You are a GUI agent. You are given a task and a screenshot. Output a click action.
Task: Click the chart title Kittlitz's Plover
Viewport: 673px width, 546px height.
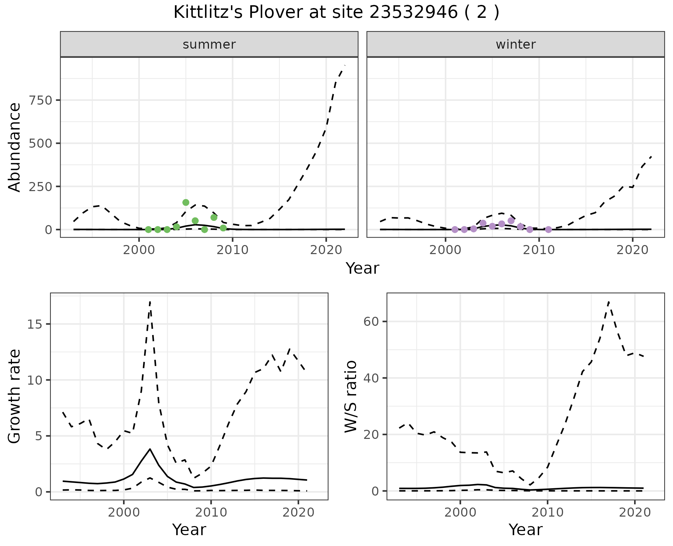pos(336,13)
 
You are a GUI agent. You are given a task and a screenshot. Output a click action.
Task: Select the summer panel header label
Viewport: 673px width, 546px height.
pos(209,44)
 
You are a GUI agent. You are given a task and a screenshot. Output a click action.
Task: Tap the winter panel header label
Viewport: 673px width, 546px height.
pos(516,44)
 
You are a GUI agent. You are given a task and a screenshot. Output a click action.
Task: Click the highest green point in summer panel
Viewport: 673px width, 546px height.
pos(186,202)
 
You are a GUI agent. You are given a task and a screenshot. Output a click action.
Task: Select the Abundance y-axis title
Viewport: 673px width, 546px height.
pos(15,147)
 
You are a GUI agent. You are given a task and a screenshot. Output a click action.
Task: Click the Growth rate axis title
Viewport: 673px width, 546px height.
pos(15,397)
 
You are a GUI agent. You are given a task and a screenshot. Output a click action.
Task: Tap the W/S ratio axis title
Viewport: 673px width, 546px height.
pos(351,397)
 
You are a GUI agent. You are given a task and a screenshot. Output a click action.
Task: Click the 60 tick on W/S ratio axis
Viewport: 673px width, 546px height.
pos(372,321)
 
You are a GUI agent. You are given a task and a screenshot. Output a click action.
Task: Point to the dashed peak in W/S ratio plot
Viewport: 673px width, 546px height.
pos(609,301)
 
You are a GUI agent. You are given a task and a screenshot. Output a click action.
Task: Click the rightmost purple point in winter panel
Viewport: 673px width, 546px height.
pos(549,230)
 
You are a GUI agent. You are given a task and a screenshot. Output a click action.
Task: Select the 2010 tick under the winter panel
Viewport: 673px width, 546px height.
pos(539,250)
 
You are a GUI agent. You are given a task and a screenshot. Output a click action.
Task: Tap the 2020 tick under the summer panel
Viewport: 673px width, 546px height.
pos(326,250)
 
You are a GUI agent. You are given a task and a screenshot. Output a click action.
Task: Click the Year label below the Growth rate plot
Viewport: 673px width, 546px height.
pos(189,530)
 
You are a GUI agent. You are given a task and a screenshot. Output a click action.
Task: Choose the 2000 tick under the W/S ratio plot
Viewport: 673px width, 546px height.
pos(460,513)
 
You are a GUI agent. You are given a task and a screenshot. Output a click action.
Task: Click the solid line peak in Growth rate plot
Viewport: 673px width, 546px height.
pos(150,449)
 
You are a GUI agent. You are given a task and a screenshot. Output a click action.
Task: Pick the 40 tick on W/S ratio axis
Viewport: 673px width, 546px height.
pos(372,378)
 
